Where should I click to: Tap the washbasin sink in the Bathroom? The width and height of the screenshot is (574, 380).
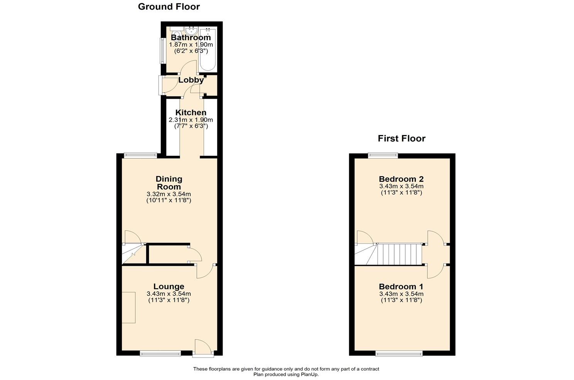pyautogui.click(x=191, y=30)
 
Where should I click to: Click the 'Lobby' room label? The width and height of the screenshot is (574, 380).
pyautogui.click(x=191, y=80)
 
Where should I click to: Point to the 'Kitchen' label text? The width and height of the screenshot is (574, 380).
pyautogui.click(x=191, y=113)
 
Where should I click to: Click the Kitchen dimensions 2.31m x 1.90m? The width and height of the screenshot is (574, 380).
pyautogui.click(x=191, y=120)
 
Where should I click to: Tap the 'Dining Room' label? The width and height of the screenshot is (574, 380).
pyautogui.click(x=169, y=183)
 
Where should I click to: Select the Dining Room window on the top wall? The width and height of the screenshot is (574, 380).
pyautogui.click(x=140, y=155)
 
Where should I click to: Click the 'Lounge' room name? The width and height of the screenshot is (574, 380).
pyautogui.click(x=169, y=287)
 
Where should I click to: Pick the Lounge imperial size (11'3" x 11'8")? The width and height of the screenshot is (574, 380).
pyautogui.click(x=169, y=300)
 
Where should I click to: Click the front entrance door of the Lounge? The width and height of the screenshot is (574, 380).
pyautogui.click(x=203, y=347)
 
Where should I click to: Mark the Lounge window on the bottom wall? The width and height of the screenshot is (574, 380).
pyautogui.click(x=160, y=353)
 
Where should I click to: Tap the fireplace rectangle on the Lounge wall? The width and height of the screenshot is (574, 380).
pyautogui.click(x=129, y=307)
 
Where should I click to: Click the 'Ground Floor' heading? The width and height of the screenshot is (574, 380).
pyautogui.click(x=169, y=7)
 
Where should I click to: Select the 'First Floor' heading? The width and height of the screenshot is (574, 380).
pyautogui.click(x=401, y=138)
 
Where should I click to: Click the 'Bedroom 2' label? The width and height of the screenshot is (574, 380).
pyautogui.click(x=401, y=179)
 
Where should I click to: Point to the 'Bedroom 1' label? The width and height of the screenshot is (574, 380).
pyautogui.click(x=401, y=287)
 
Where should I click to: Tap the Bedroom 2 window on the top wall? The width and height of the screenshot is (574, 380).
pyautogui.click(x=383, y=155)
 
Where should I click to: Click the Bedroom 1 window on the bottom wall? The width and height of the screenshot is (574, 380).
pyautogui.click(x=399, y=353)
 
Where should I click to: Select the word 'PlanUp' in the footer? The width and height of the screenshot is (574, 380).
pyautogui.click(x=309, y=374)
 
